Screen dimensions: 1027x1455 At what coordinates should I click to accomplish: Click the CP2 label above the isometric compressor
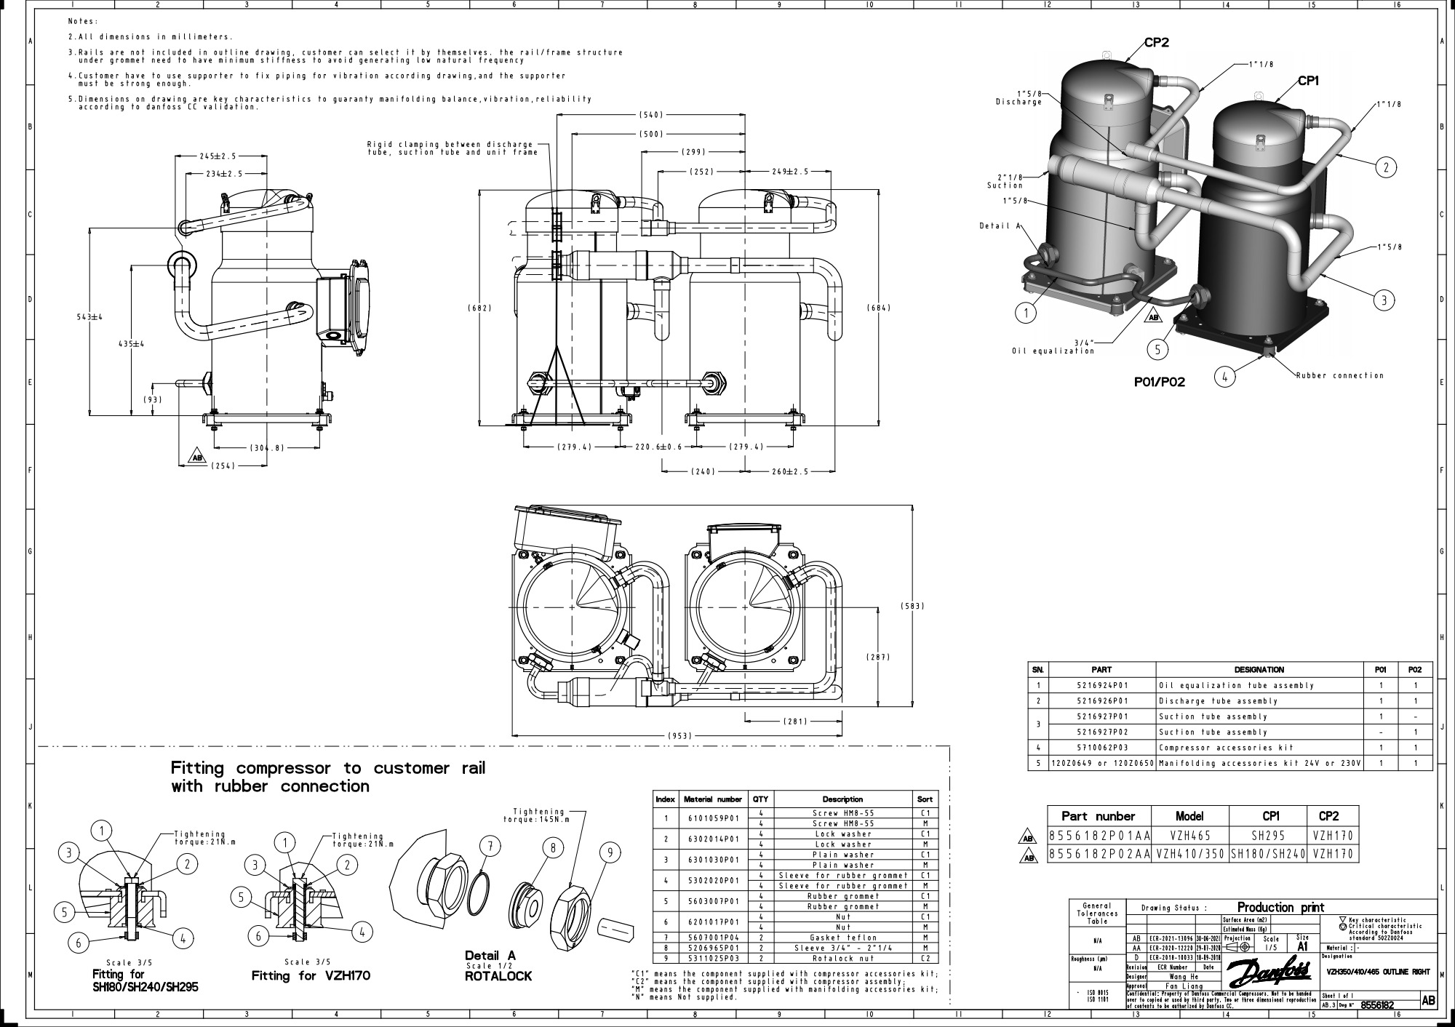[x=1156, y=42]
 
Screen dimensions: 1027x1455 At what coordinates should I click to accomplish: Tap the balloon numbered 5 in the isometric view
[x=1157, y=349]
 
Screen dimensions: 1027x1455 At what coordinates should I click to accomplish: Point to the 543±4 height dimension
[x=90, y=316]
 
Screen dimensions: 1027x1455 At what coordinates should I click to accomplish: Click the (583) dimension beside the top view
[x=912, y=606]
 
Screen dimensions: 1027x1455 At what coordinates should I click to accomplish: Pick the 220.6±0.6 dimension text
[x=658, y=447]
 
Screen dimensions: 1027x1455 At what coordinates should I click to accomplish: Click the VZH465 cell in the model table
[x=1189, y=836]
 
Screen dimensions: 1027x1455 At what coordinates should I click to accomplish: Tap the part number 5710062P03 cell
[x=1101, y=748]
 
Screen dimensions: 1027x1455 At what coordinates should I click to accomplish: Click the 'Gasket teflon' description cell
[x=842, y=938]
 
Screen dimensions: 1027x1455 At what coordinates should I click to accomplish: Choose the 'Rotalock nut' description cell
[x=842, y=959]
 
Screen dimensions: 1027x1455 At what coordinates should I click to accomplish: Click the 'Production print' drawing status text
[x=1280, y=907]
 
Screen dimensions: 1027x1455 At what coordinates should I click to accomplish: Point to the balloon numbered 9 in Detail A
[x=609, y=852]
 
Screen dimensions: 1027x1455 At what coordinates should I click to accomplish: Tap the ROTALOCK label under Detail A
[x=498, y=976]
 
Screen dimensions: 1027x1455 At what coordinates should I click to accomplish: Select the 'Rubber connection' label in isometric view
[x=1339, y=375]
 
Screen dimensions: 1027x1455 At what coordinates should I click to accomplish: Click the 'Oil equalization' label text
[x=1053, y=351]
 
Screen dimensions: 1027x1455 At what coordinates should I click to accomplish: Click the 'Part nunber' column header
[x=1098, y=816]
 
